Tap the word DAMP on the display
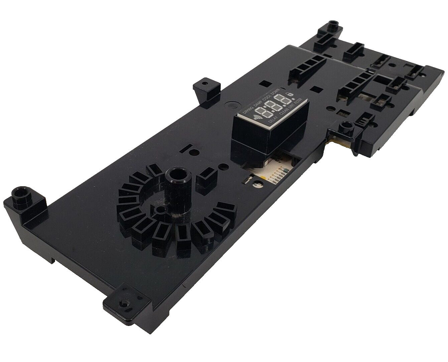tap(258, 103)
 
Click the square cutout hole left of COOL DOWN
tap(265, 83)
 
